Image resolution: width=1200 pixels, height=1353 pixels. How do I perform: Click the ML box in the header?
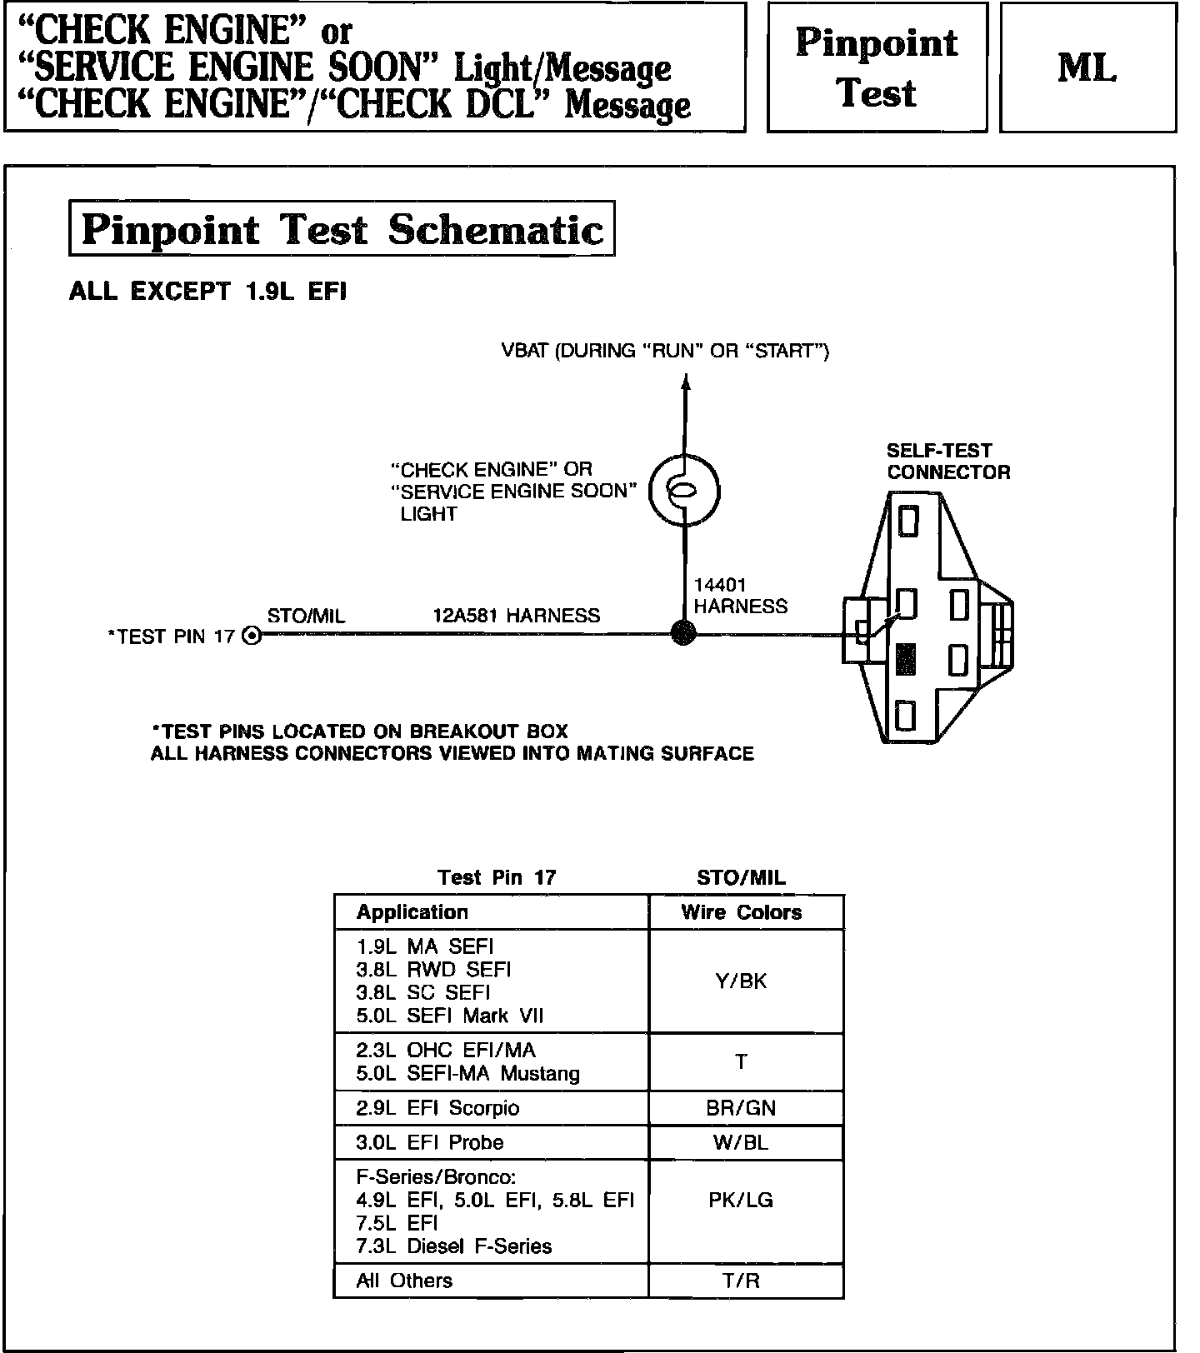coord(1087,67)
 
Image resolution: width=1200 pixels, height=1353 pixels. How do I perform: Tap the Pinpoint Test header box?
coord(877,67)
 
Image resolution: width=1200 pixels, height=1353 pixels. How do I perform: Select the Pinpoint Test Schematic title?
coord(342,229)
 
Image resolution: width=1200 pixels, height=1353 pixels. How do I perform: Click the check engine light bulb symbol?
coord(684,491)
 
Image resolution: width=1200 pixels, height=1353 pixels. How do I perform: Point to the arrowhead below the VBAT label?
coord(686,382)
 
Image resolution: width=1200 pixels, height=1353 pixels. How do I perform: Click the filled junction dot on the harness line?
coord(683,633)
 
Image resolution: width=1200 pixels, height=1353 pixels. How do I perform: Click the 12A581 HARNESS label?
coord(516,616)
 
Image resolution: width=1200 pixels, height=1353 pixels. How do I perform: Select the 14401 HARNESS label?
coord(739,596)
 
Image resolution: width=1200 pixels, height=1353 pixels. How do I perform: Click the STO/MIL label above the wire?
coord(306,616)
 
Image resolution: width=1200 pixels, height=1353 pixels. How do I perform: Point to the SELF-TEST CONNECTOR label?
coord(947,462)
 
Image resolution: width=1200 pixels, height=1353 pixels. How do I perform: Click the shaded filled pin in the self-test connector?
coord(906,659)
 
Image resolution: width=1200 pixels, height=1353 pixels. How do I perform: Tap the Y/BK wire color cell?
coord(741,981)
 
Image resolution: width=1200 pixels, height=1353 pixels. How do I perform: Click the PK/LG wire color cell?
coord(741,1200)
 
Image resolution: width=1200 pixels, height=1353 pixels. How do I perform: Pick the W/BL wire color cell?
coord(741,1142)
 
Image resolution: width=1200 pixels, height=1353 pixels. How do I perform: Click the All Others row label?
coord(404,1281)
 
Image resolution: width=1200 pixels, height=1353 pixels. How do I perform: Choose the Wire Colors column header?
coord(741,912)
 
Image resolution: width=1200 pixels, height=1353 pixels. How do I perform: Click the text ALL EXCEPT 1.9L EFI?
coord(207,292)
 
